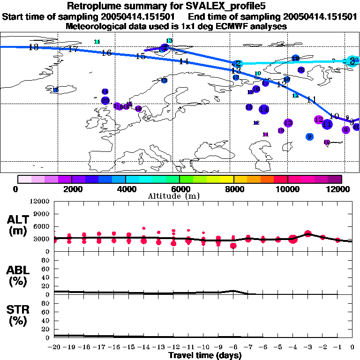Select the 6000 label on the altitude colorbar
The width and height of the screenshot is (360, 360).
[180, 189]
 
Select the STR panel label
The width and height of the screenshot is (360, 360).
[19, 315]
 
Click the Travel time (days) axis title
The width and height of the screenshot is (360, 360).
[205, 356]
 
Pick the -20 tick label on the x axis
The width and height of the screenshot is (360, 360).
[55, 347]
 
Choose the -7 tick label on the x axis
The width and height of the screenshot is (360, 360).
[248, 347]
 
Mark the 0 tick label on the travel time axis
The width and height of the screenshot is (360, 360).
[352, 347]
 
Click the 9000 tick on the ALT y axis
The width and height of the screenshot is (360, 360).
[42, 214]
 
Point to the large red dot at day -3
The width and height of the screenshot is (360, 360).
[308, 233]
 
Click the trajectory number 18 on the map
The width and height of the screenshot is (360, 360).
[33, 47]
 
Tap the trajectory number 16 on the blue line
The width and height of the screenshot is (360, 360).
[106, 53]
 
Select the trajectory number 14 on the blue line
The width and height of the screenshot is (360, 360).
[184, 61]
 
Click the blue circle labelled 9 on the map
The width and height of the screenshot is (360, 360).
[309, 137]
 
